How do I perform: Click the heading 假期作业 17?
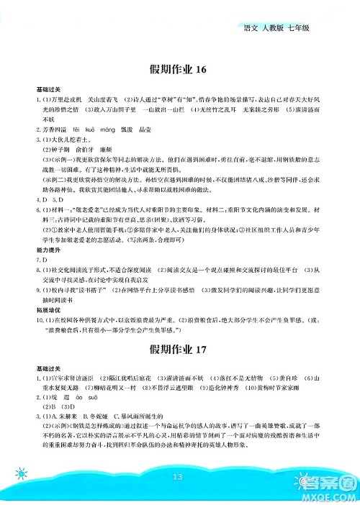pyautogui.click(x=180, y=350)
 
